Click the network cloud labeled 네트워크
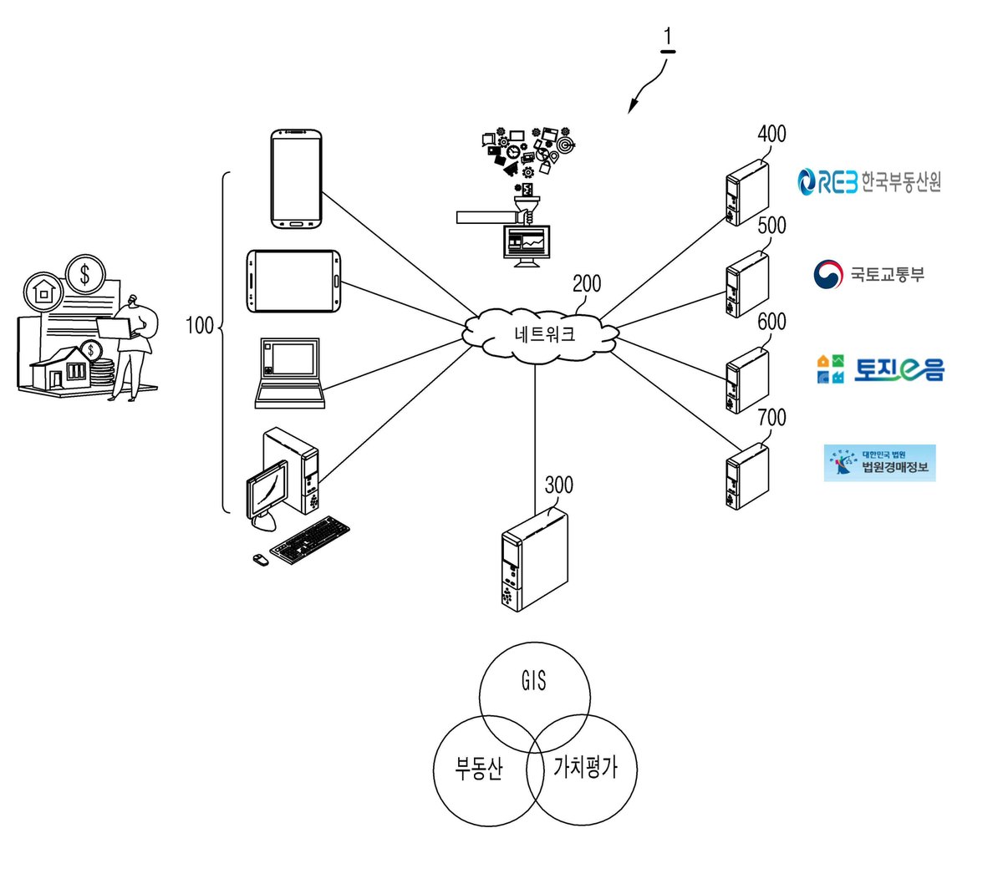[540, 334]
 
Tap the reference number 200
[587, 284]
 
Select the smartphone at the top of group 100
[296, 179]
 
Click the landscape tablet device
[293, 281]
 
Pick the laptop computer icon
[289, 373]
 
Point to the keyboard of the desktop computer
[310, 540]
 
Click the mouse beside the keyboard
[261, 560]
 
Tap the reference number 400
[771, 135]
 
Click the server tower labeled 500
[747, 284]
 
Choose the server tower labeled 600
[747, 380]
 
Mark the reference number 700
[771, 418]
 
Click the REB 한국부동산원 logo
[868, 181]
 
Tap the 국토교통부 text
[887, 274]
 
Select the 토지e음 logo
[880, 369]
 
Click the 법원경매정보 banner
[879, 463]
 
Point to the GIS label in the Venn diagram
[533, 681]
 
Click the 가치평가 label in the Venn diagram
[585, 768]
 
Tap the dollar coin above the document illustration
[85, 274]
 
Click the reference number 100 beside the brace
[200, 326]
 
